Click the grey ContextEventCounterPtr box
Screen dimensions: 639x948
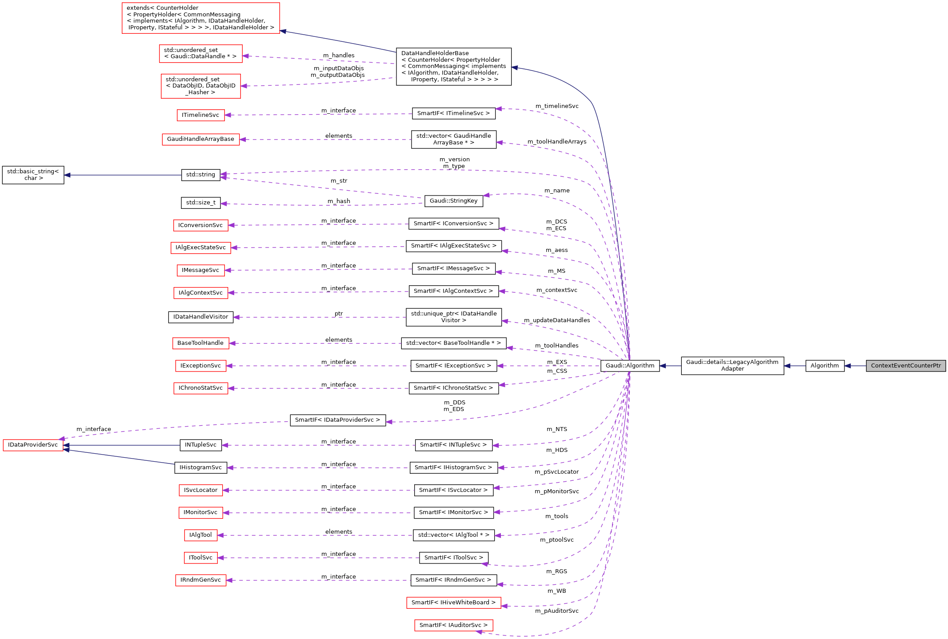coord(905,366)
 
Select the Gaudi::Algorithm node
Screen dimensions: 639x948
coord(630,366)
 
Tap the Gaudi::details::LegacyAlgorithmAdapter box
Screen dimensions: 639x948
coord(732,365)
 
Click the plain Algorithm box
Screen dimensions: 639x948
coord(824,366)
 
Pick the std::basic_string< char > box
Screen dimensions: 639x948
coord(33,175)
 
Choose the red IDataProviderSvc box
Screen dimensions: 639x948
coord(33,445)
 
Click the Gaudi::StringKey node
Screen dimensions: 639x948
coord(453,201)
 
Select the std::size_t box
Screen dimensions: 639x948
coord(200,203)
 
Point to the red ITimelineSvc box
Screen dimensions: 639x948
coord(200,115)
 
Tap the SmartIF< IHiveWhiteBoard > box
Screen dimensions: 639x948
coord(453,603)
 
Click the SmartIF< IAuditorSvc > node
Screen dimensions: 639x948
coord(453,625)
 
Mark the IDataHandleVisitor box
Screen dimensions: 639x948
coord(200,317)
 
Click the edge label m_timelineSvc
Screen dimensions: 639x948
coord(556,106)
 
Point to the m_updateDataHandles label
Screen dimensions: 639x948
coord(556,320)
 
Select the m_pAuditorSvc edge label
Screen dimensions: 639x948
coord(556,611)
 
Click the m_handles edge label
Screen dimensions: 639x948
coord(339,56)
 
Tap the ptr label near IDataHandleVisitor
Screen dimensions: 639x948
coord(339,314)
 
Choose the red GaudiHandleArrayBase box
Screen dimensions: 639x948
coord(200,139)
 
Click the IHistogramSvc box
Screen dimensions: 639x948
coord(200,467)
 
